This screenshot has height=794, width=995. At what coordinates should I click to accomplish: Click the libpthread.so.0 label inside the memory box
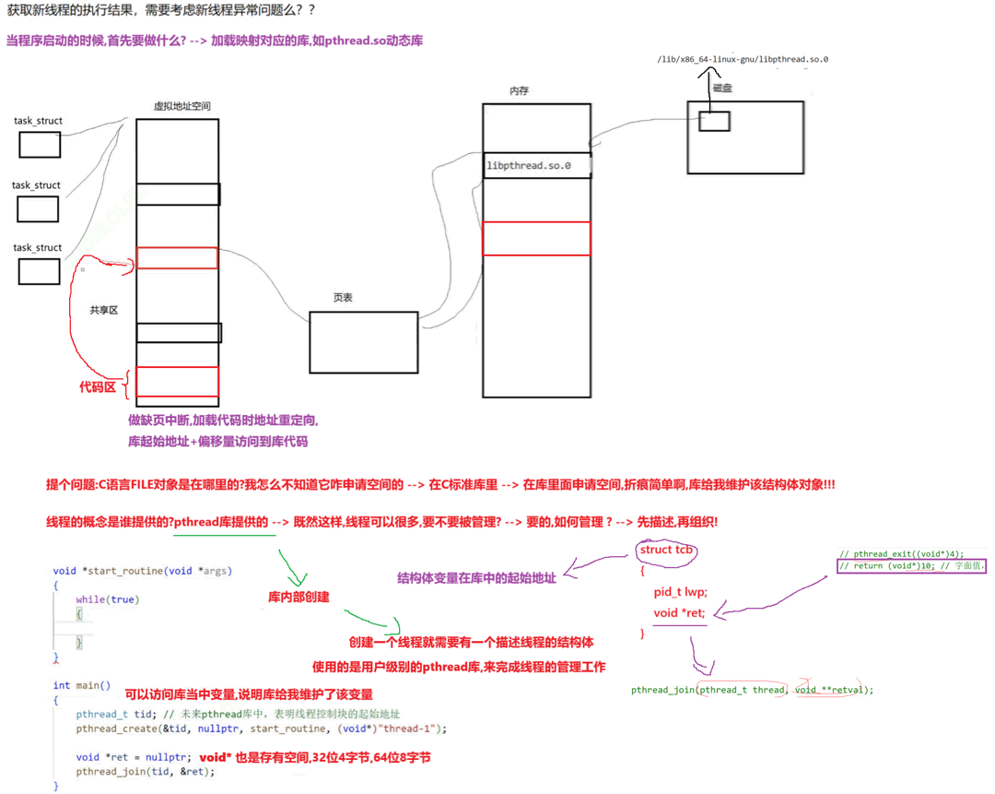(x=529, y=166)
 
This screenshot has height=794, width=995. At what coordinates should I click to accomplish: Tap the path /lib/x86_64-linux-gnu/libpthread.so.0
(x=743, y=59)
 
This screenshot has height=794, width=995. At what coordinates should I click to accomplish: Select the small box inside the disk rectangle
(x=714, y=121)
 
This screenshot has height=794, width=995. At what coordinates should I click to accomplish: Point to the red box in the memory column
(x=536, y=238)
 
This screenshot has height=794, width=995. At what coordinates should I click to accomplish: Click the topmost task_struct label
(x=38, y=121)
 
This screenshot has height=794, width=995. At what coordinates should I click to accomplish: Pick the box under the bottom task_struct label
(x=39, y=271)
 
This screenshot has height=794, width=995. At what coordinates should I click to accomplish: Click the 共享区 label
(x=103, y=311)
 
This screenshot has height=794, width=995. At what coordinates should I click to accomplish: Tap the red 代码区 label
(x=97, y=387)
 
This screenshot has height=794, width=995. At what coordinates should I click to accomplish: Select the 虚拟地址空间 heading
(x=181, y=106)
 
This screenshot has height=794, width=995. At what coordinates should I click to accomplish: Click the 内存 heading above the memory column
(x=519, y=91)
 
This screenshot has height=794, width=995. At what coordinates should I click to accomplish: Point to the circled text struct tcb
(x=665, y=551)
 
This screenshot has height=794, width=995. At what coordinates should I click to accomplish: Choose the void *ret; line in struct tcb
(x=679, y=613)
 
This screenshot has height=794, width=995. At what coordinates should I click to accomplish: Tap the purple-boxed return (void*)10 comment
(x=911, y=565)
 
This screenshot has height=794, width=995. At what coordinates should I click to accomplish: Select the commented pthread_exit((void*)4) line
(x=901, y=553)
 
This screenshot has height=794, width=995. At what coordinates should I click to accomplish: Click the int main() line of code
(x=82, y=685)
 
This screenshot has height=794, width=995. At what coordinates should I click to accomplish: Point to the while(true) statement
(x=107, y=599)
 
